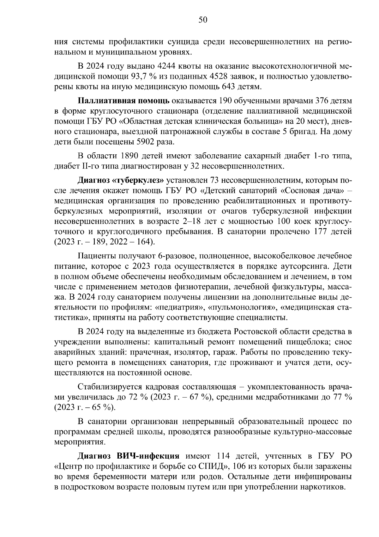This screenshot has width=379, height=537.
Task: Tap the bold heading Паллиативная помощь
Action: click(124, 101)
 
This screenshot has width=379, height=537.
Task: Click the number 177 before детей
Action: click(320, 231)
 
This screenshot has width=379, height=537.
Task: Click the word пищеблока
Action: click(308, 342)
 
